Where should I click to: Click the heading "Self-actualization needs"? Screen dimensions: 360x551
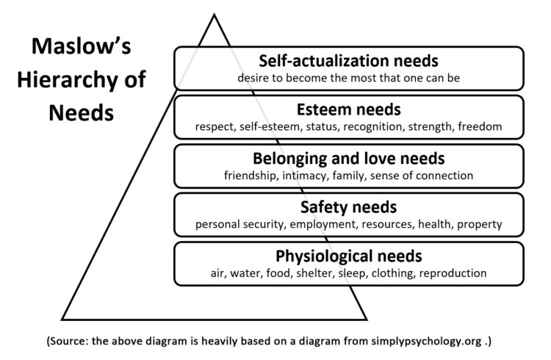pyautogui.click(x=348, y=60)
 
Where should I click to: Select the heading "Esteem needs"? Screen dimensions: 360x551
pyautogui.click(x=348, y=110)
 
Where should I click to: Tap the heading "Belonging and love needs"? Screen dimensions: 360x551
pyautogui.click(x=348, y=159)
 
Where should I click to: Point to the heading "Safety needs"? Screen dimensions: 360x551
pyautogui.click(x=348, y=207)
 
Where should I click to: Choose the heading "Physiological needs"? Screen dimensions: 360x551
pyautogui.click(x=348, y=256)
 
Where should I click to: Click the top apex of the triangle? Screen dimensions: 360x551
pyautogui.click(x=214, y=15)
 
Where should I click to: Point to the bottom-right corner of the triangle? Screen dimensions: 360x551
pyautogui.click(x=366, y=320)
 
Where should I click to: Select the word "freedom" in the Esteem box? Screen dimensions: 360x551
pyautogui.click(x=479, y=126)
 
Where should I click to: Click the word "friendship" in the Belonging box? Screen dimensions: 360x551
pyautogui.click(x=251, y=175)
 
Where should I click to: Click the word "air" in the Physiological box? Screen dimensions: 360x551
pyautogui.click(x=218, y=273)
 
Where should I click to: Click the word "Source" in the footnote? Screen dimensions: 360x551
pyautogui.click(x=68, y=342)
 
